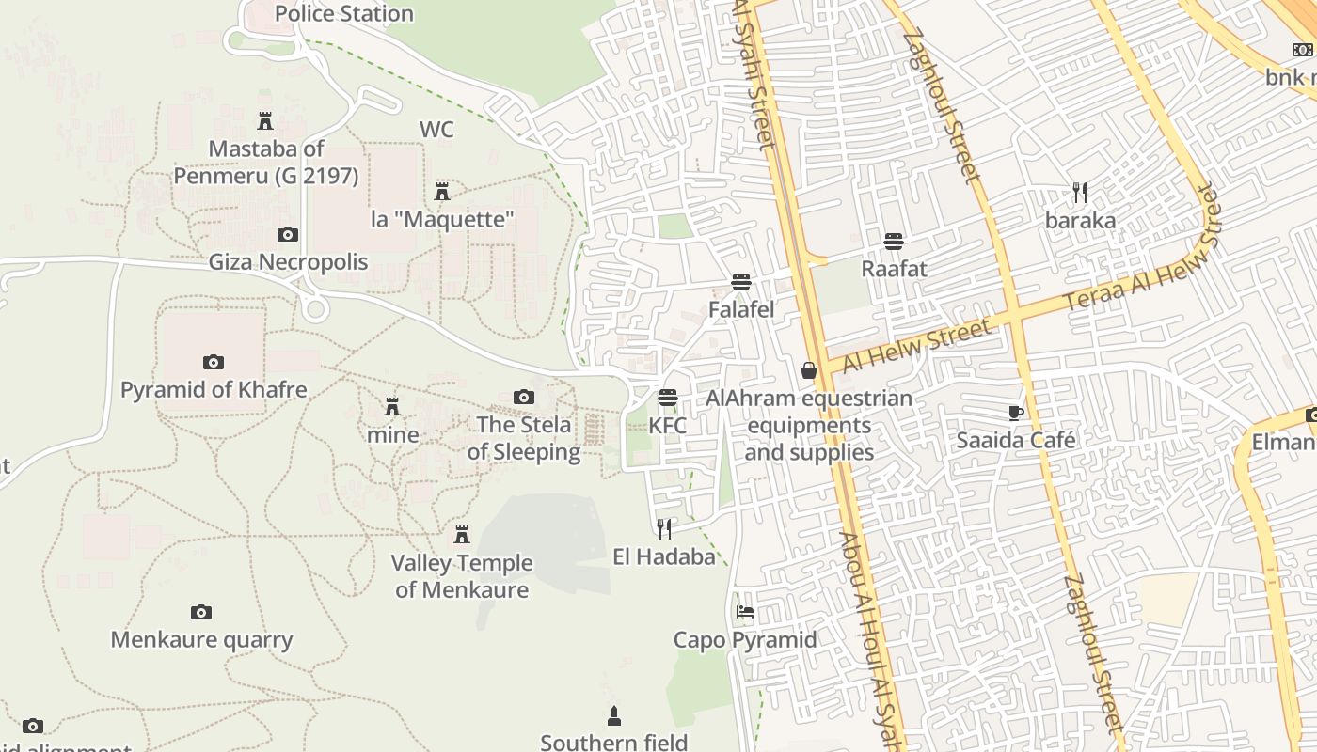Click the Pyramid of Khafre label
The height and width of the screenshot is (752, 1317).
[214, 389]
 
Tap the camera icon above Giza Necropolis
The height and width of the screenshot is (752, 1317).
[288, 234]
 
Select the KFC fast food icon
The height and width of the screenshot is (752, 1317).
[668, 398]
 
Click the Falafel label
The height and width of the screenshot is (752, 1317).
[741, 309]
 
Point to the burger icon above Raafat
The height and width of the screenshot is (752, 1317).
[894, 242]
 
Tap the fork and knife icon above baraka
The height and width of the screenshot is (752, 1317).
[1080, 193]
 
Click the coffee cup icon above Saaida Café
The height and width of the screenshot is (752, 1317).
[1016, 413]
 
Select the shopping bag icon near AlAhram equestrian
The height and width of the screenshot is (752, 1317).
[809, 370]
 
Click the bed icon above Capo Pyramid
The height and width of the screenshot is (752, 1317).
[745, 612]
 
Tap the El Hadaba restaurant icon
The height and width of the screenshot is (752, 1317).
[665, 528]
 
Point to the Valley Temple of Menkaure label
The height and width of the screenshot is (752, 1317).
[462, 576]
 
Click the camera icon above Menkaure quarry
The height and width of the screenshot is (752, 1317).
[201, 613]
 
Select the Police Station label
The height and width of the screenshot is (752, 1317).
[344, 13]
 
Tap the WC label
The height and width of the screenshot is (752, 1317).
[436, 129]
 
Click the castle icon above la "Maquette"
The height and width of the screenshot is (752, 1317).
[442, 192]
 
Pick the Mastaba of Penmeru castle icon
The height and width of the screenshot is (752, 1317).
[265, 121]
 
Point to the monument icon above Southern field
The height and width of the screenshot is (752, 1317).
[614, 716]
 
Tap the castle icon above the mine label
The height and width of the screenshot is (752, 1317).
[392, 407]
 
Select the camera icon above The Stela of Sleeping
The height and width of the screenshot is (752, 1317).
[524, 397]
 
